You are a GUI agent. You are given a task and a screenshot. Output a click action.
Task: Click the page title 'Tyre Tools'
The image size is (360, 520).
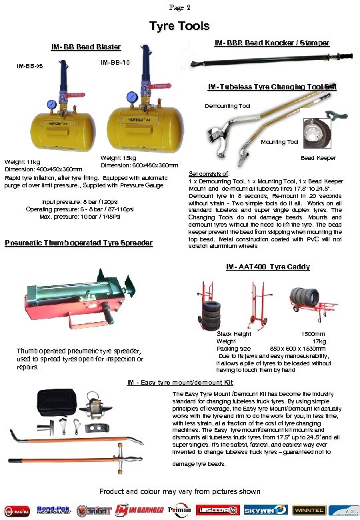click(x=179, y=27)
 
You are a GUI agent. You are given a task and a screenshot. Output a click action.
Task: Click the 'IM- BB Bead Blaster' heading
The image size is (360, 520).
click(x=87, y=47)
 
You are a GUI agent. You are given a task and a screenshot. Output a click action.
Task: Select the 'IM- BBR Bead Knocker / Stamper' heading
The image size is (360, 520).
click(x=271, y=43)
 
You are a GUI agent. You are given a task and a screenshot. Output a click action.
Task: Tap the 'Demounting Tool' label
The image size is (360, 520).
click(x=227, y=106)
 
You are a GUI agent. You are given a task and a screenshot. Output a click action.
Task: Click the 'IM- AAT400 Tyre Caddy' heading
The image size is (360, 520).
click(x=267, y=267)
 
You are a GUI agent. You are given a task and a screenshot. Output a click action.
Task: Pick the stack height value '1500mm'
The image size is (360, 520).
click(x=313, y=333)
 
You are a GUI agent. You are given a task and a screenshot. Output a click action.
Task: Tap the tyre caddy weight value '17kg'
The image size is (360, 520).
click(x=319, y=341)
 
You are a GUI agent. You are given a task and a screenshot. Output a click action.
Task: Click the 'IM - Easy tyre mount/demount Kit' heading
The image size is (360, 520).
click(x=180, y=383)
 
